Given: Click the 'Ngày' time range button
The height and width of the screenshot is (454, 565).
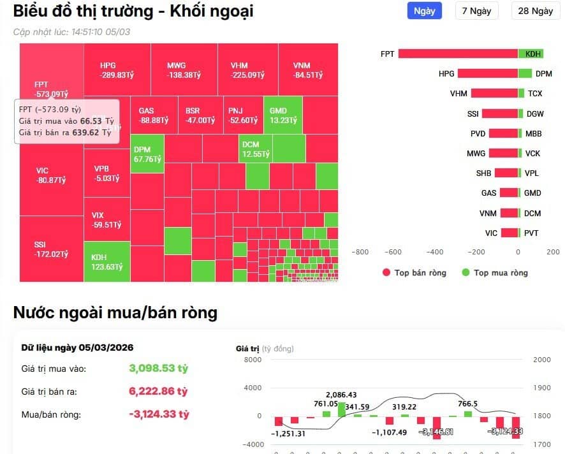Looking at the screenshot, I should pos(424,11).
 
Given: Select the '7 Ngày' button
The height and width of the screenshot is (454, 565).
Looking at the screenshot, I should pos(476,11).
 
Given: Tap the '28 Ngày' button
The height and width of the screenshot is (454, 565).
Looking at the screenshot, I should pos(535,11).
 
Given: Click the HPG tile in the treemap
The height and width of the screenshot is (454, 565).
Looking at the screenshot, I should pos(117,70).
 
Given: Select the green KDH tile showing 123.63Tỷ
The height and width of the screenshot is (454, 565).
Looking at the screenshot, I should pos(106,261).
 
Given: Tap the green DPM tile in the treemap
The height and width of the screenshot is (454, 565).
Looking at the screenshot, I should pos(147,154).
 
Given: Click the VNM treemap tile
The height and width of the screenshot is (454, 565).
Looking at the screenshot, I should pos(307,70).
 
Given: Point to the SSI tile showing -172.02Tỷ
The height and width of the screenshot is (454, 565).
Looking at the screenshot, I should pos(51,249).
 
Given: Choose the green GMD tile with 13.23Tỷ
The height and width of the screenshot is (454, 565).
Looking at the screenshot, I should pos(282,115).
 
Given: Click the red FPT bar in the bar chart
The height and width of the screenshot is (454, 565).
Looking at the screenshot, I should pos(458,54).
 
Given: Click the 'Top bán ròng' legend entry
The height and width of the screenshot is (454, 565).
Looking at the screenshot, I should pos(414,273).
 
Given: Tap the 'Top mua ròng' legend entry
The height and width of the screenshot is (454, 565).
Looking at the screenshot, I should pos(495,273).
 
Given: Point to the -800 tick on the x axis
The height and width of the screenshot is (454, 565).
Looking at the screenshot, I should pos(360,252).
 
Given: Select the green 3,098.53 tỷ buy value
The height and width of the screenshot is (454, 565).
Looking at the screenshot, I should pos(159,369).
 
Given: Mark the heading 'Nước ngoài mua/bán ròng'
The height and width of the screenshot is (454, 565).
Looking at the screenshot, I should pos(115,312).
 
